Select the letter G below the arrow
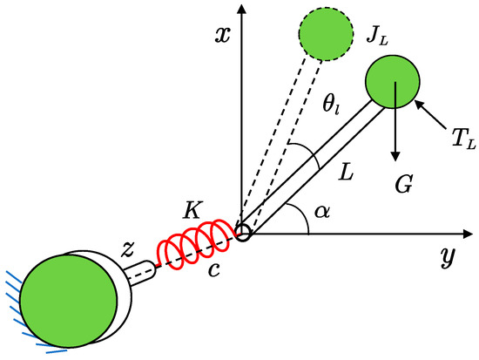click(402, 185)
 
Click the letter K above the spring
click(193, 209)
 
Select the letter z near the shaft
click(128, 248)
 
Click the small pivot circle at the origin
click(243, 234)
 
